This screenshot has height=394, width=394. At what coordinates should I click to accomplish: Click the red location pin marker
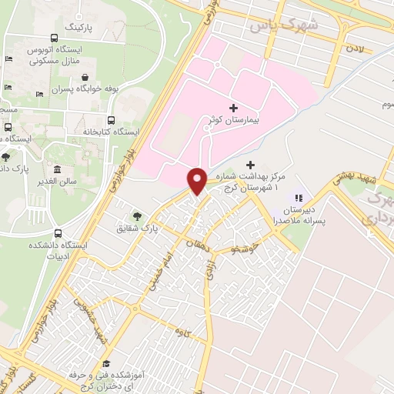click(197, 181)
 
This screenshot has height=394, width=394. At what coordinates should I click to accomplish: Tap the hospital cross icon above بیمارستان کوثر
click(234, 108)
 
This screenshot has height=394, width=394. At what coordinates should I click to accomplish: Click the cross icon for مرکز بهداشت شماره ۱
click(250, 165)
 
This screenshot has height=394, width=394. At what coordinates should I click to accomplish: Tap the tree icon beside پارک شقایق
click(138, 216)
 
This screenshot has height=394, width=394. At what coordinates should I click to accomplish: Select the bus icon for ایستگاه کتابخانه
click(112, 120)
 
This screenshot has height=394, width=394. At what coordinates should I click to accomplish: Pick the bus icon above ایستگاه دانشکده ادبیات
click(59, 234)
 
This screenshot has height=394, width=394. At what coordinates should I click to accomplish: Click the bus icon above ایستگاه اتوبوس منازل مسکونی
click(53, 37)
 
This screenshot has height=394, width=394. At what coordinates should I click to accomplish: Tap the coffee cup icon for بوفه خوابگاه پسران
click(95, 77)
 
